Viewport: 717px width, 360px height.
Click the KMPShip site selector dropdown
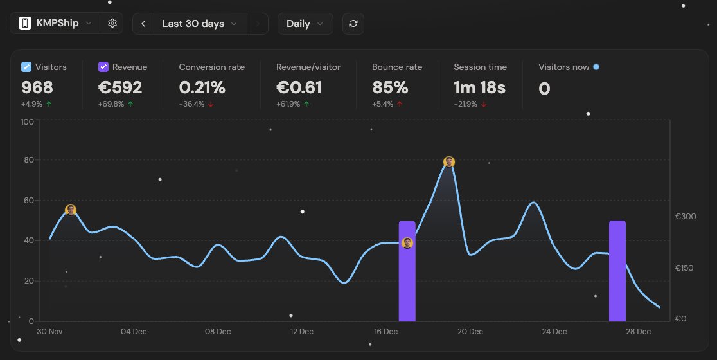[56, 24]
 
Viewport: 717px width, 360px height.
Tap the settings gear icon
[112, 24]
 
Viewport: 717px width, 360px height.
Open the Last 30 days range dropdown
[199, 24]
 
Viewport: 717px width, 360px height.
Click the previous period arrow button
[143, 24]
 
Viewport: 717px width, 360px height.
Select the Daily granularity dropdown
[305, 24]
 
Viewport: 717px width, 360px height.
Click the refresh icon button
[353, 24]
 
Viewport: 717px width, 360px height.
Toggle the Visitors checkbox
[26, 67]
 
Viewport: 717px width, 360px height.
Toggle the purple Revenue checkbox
[103, 67]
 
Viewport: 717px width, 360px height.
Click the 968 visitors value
[37, 87]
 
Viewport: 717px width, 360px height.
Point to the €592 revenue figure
[120, 87]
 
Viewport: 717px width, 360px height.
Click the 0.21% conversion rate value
[202, 87]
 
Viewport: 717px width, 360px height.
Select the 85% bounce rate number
[390, 87]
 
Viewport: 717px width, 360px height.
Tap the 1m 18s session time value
[479, 87]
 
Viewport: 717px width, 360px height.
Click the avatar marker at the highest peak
[449, 162]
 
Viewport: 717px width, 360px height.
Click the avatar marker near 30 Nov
[71, 210]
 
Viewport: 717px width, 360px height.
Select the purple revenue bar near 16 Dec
[407, 283]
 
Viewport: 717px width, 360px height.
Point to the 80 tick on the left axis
[27, 160]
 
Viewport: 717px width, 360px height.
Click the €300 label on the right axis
[686, 217]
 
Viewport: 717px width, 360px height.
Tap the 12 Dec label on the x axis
[301, 332]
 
